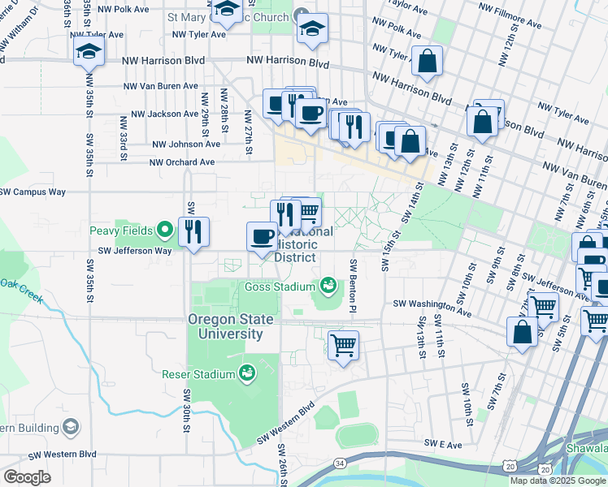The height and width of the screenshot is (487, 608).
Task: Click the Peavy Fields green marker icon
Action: [166, 231]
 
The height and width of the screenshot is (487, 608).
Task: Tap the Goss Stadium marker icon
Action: [328, 286]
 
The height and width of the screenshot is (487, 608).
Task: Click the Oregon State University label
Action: [226, 326]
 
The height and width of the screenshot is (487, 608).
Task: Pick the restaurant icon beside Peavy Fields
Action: [194, 231]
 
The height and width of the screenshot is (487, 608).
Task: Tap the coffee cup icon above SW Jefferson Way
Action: [262, 236]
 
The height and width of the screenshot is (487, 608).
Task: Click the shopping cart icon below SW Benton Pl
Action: [343, 344]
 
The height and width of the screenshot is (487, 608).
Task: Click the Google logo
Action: [27, 476]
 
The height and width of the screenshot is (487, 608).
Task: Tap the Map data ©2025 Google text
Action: [558, 481]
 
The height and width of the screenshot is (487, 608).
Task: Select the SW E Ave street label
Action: [443, 444]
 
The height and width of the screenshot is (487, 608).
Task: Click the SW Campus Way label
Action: [33, 192]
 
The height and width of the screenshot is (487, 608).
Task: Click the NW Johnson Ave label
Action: [186, 144]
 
